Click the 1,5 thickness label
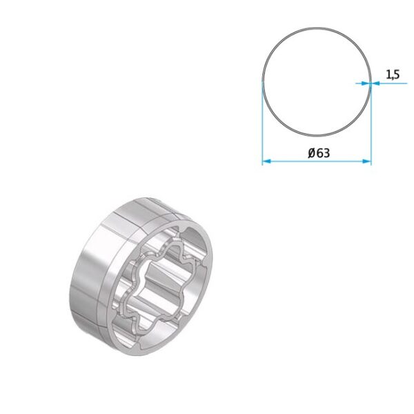click(x=391, y=75)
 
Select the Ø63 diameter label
click(x=318, y=153)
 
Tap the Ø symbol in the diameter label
click(x=311, y=153)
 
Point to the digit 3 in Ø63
click(x=326, y=153)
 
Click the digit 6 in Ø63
click(x=319, y=153)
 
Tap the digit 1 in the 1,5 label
click(x=387, y=75)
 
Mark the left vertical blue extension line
click(x=263, y=124)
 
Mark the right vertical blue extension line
click(x=371, y=124)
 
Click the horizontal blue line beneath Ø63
click(x=317, y=163)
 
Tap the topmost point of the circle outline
click(x=317, y=28)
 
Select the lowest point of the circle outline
click(x=317, y=136)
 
